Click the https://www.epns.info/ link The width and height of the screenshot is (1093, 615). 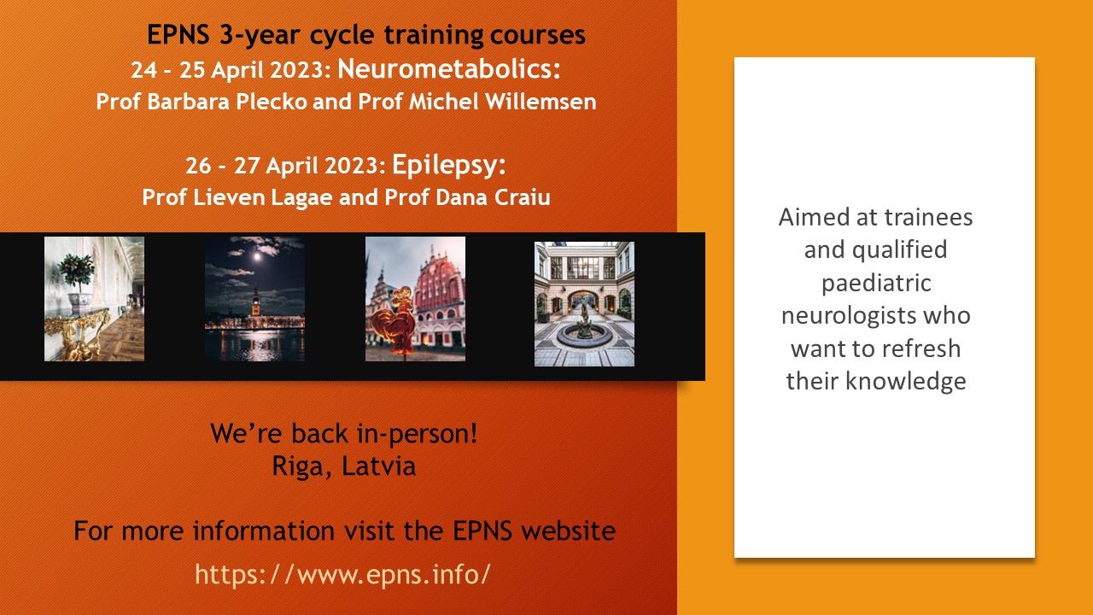pos(342,573)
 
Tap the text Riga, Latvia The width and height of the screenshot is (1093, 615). pos(343,467)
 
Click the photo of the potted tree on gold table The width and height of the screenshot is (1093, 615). pos(94,299)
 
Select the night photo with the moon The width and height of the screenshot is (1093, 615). pos(254,299)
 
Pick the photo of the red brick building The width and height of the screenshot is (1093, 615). pos(415,299)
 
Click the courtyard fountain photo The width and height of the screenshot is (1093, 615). pos(584,304)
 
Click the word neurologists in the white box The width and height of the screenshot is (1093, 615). pos(875,316)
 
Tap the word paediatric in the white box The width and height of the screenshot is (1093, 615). pos(875,283)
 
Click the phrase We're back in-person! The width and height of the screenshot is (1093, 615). pos(343,434)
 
